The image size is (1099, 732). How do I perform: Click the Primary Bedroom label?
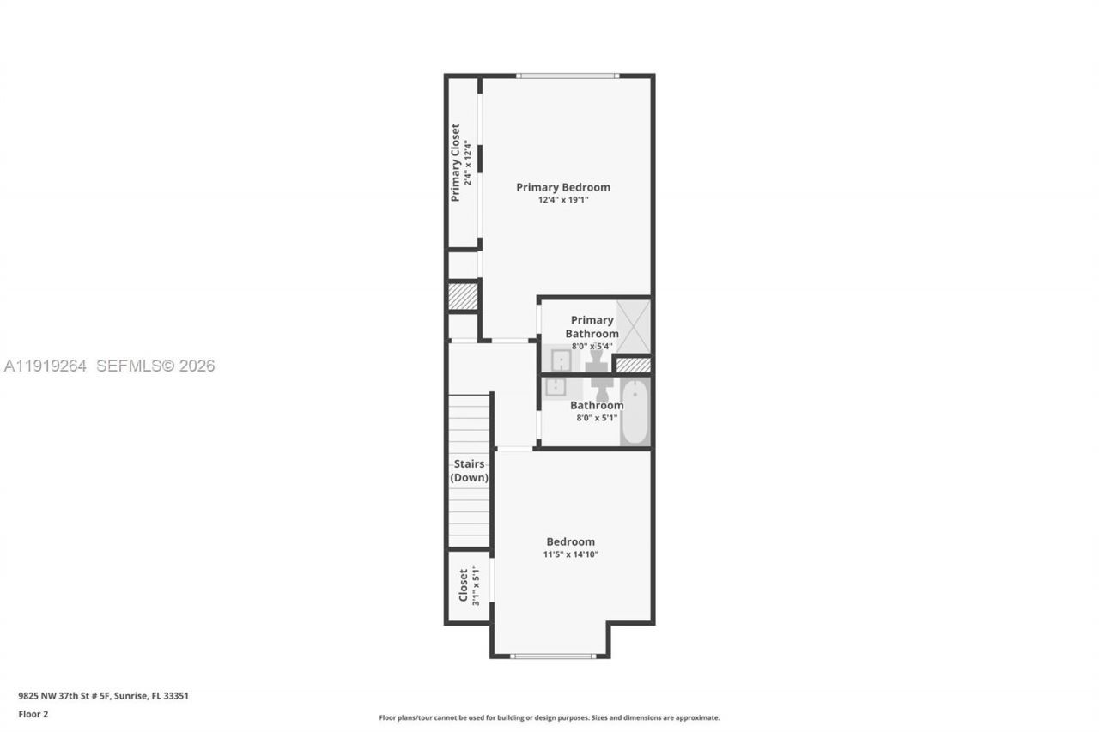[562, 187]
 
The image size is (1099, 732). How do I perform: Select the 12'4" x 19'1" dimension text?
[562, 200]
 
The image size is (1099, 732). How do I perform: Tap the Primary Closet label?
[455, 163]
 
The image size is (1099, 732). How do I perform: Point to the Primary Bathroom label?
[592, 327]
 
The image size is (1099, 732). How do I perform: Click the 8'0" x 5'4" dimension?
[592, 347]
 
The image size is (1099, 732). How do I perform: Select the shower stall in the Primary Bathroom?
[635, 326]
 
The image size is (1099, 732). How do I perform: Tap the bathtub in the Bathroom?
[635, 413]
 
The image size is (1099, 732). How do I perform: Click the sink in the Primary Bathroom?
[561, 359]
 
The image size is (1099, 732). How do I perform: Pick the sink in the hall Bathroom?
[555, 387]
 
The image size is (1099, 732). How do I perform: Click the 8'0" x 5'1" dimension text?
[596, 418]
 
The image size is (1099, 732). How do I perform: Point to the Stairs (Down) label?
[470, 471]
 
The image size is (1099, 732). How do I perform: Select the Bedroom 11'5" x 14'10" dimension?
[570, 554]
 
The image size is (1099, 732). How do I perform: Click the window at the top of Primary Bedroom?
[567, 76]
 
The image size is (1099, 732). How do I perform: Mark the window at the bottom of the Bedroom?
[552, 656]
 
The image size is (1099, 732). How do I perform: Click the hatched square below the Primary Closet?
[463, 296]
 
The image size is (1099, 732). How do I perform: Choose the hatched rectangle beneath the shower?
[634, 365]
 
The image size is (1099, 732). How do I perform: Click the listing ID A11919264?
[46, 366]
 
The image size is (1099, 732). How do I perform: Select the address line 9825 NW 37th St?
[103, 696]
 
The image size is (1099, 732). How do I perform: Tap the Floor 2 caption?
[33, 714]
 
